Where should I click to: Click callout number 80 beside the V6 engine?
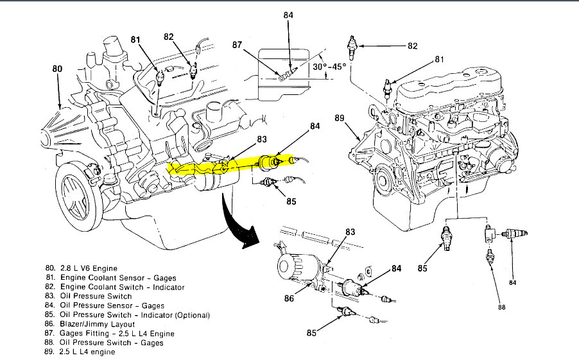58,68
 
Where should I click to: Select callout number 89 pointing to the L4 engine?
340,118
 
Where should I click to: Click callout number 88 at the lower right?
501,307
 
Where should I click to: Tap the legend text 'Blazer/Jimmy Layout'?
96,324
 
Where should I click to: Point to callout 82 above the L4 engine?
412,46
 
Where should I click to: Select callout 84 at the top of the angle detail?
288,14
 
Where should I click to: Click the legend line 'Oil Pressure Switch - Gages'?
109,343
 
